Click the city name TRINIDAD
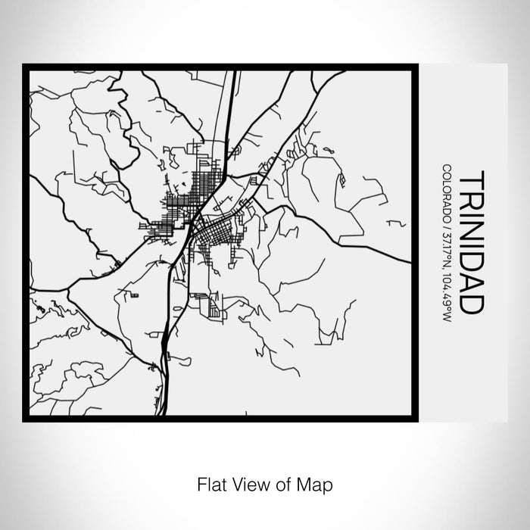471,242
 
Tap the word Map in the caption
316,482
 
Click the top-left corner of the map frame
24,65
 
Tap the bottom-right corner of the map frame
416,419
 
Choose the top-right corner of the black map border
416,65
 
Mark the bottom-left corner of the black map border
24,419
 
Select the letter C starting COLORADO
447,167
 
